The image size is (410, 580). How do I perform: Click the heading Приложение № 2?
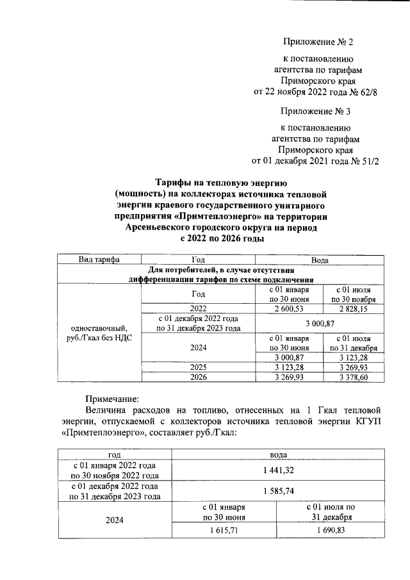click(x=318, y=42)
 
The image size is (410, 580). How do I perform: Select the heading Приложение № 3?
click(x=318, y=112)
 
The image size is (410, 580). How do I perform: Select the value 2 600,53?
click(x=290, y=308)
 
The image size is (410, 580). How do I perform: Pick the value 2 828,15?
click(x=354, y=308)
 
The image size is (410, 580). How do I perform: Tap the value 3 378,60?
click(x=354, y=377)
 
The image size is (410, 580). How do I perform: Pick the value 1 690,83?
click(x=329, y=531)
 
